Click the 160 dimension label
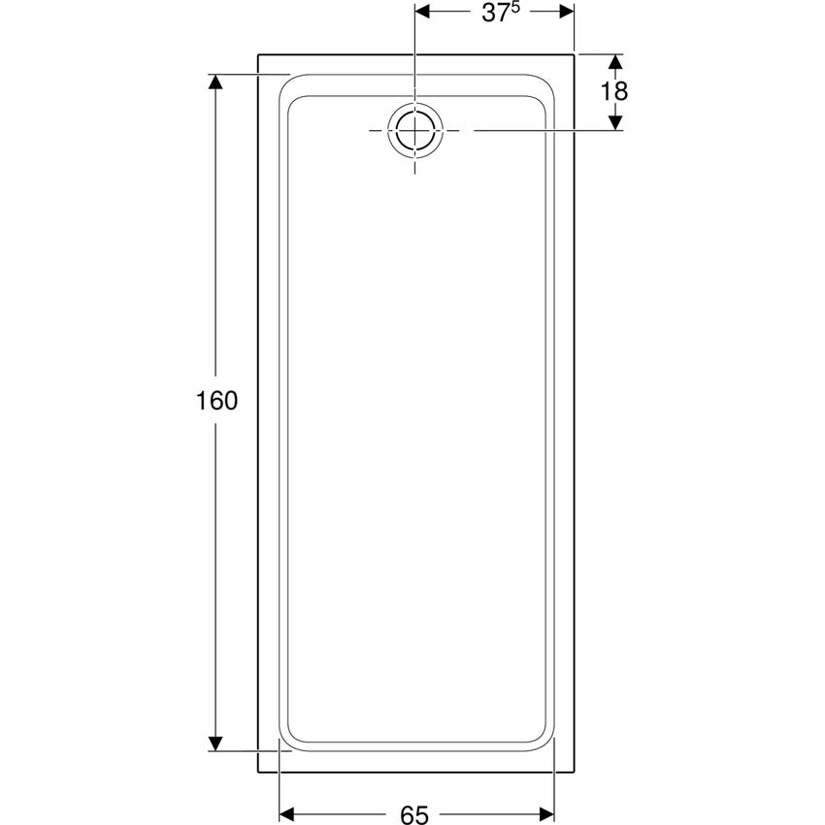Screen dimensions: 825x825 pos(216,401)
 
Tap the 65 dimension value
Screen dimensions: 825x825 pos(414,815)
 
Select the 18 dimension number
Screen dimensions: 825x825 pos(614,91)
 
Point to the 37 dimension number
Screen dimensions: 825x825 pos(496,14)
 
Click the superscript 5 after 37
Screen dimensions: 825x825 pos(515,7)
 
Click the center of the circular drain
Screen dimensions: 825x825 pos(415,130)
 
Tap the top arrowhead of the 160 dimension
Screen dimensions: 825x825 pos(215,82)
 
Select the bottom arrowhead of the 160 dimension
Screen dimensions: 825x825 pos(215,742)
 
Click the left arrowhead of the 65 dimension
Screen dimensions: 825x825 pos(286,814)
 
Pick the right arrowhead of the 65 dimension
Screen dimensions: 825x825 pos(546,814)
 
